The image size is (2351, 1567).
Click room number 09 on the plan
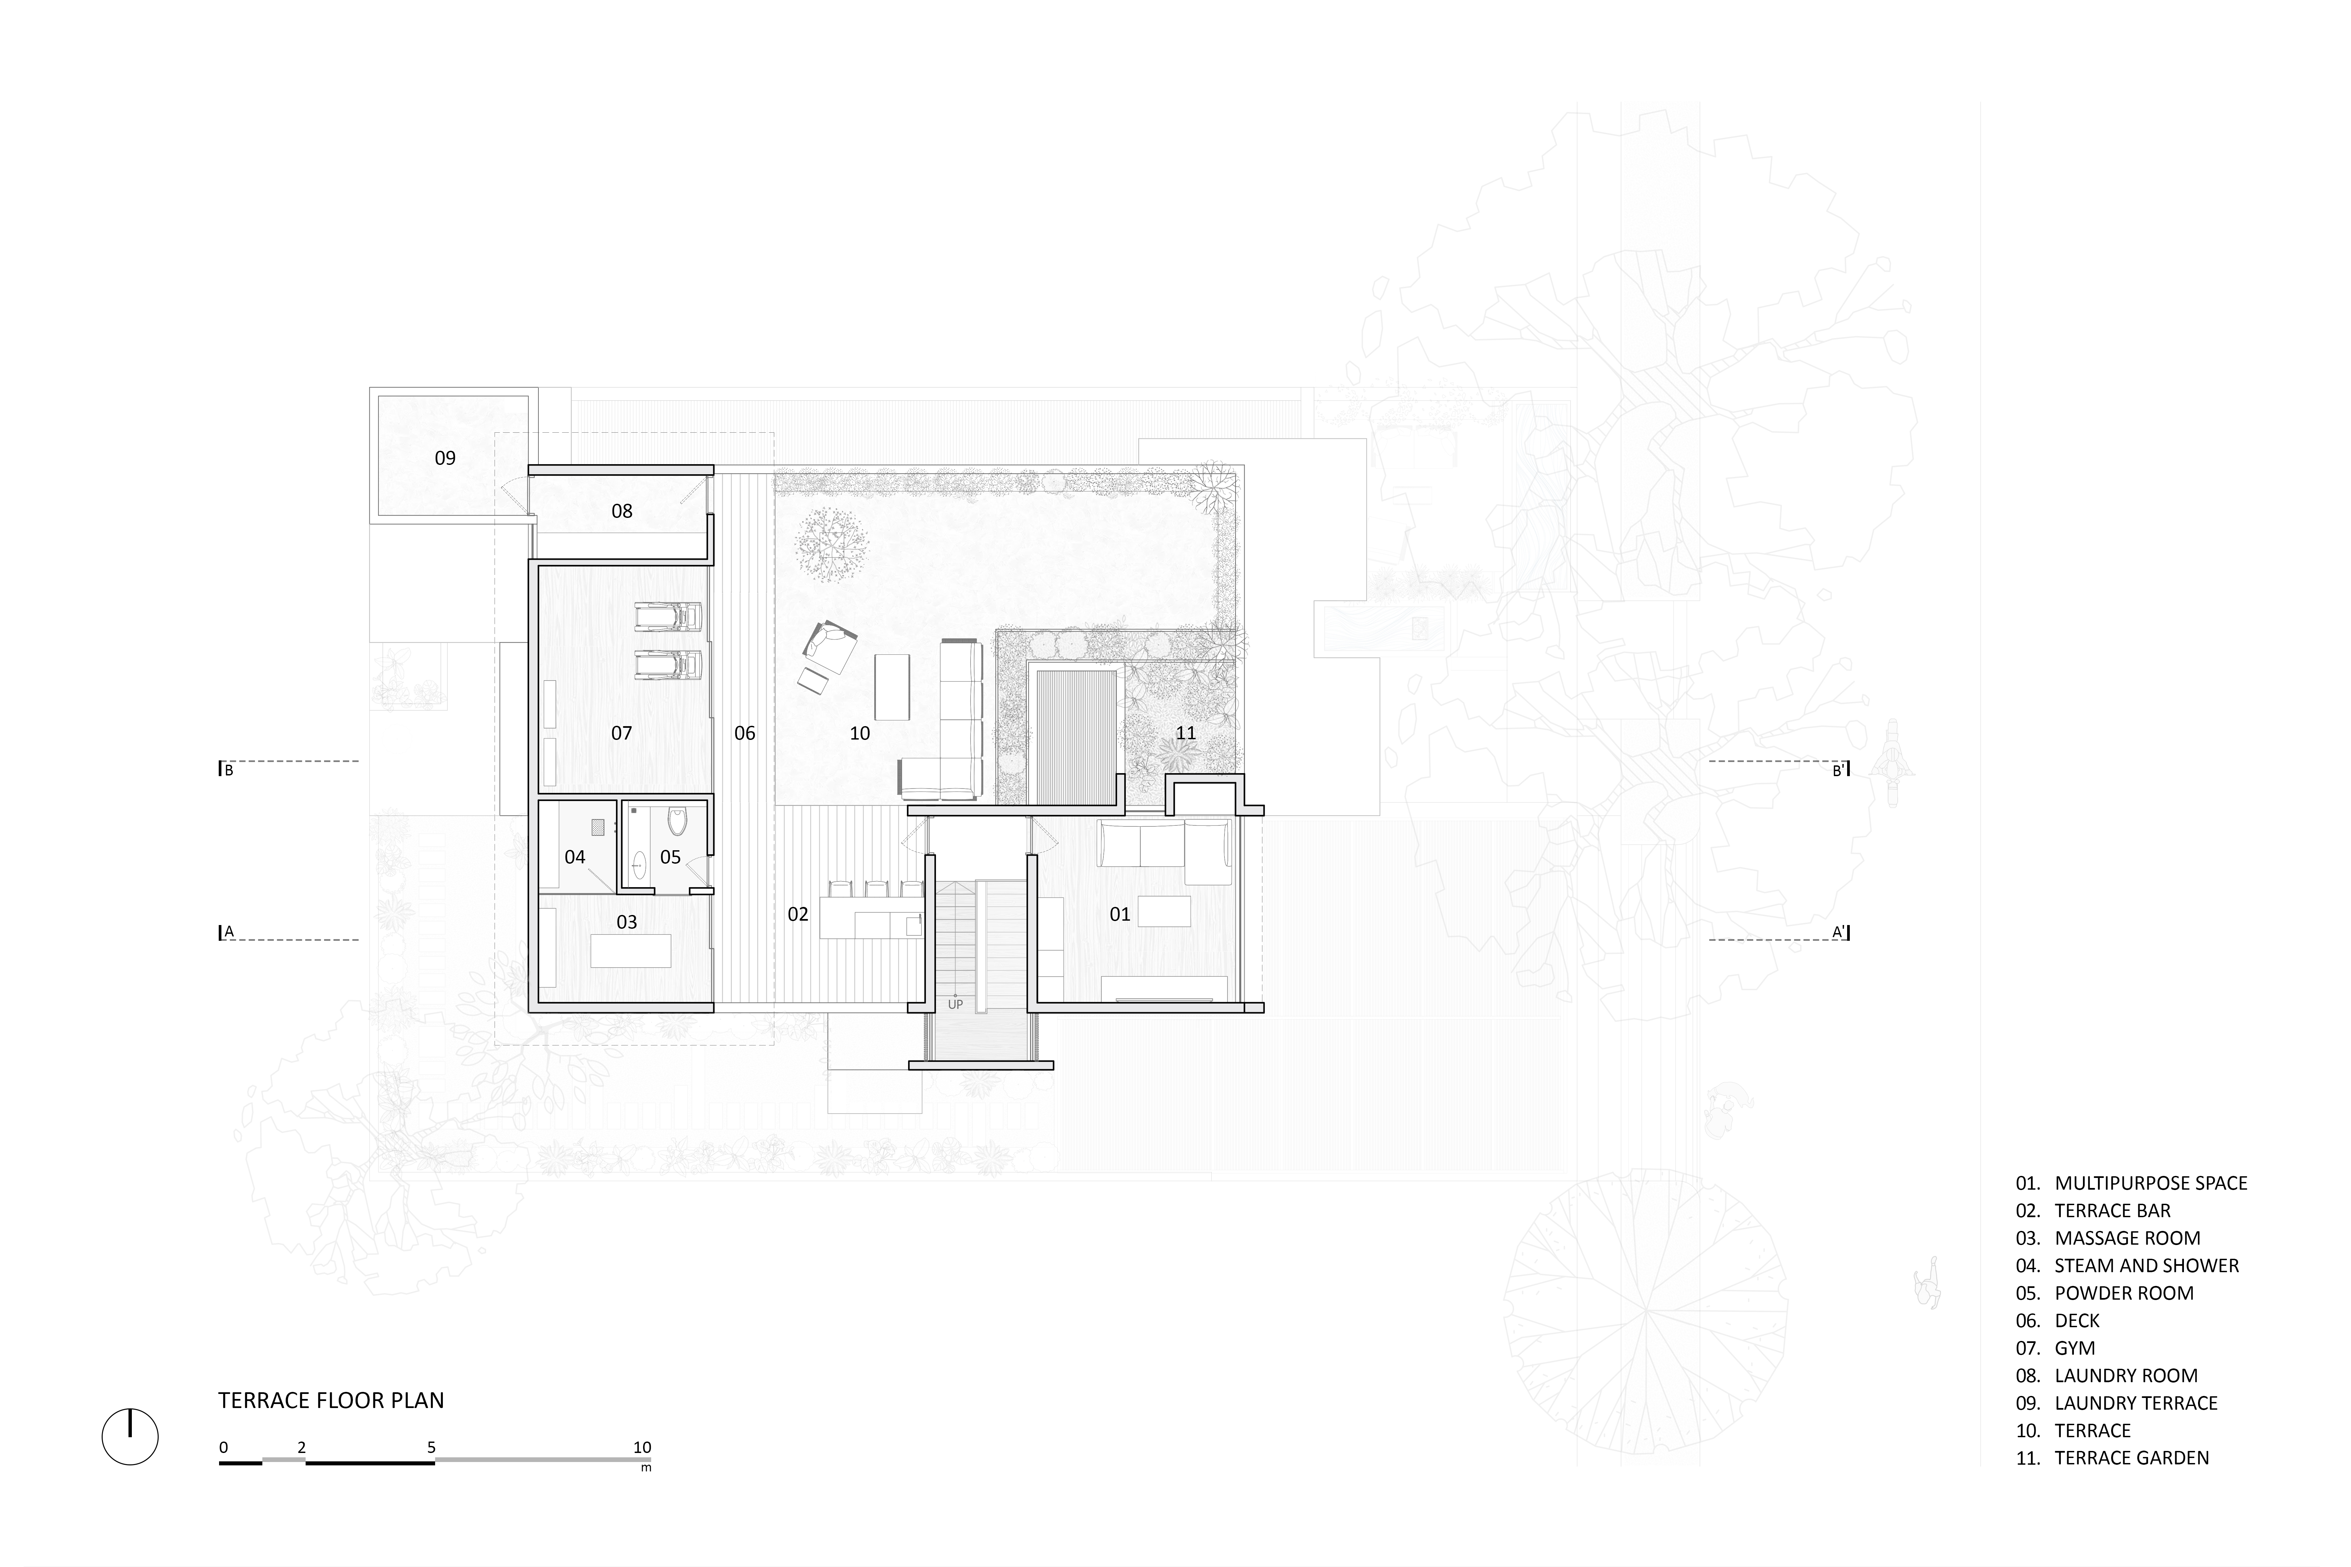[445, 458]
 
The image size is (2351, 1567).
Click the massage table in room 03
[631, 951]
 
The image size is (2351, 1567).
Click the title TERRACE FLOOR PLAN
[331, 1400]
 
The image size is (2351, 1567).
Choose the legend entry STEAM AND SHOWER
[2146, 1265]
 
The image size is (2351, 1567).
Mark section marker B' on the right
[1839, 770]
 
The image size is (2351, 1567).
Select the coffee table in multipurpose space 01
[1164, 911]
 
